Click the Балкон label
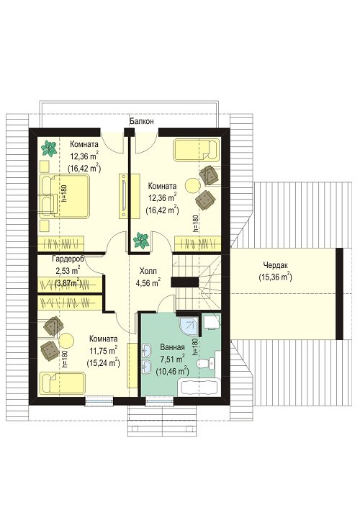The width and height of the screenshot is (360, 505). pos(142,122)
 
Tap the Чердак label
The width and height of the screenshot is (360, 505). pos(276,265)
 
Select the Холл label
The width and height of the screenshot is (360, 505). pos(148,271)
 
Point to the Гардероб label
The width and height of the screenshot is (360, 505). pos(68,259)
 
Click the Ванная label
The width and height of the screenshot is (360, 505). pos(172,347)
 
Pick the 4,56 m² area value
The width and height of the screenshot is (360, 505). pos(148,283)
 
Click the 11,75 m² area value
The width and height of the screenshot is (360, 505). pos(103,350)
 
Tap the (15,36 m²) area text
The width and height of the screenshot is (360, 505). pos(275,277)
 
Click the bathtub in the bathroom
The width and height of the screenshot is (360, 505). pos(199,387)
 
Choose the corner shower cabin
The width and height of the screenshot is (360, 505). pos(188,326)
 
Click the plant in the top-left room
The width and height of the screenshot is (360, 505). pos(49,148)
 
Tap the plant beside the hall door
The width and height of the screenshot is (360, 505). pos(141,241)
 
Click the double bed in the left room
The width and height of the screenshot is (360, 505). pos(64,196)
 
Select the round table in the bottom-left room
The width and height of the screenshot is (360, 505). pos(66,340)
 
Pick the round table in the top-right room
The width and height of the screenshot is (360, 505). pos(193,186)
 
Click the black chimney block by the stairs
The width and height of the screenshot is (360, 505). pos(184,282)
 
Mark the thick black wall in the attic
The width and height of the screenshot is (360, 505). pos(339,294)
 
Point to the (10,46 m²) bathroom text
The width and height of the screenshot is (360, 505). pos(172,372)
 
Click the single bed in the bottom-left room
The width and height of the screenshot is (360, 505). pos(63,383)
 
